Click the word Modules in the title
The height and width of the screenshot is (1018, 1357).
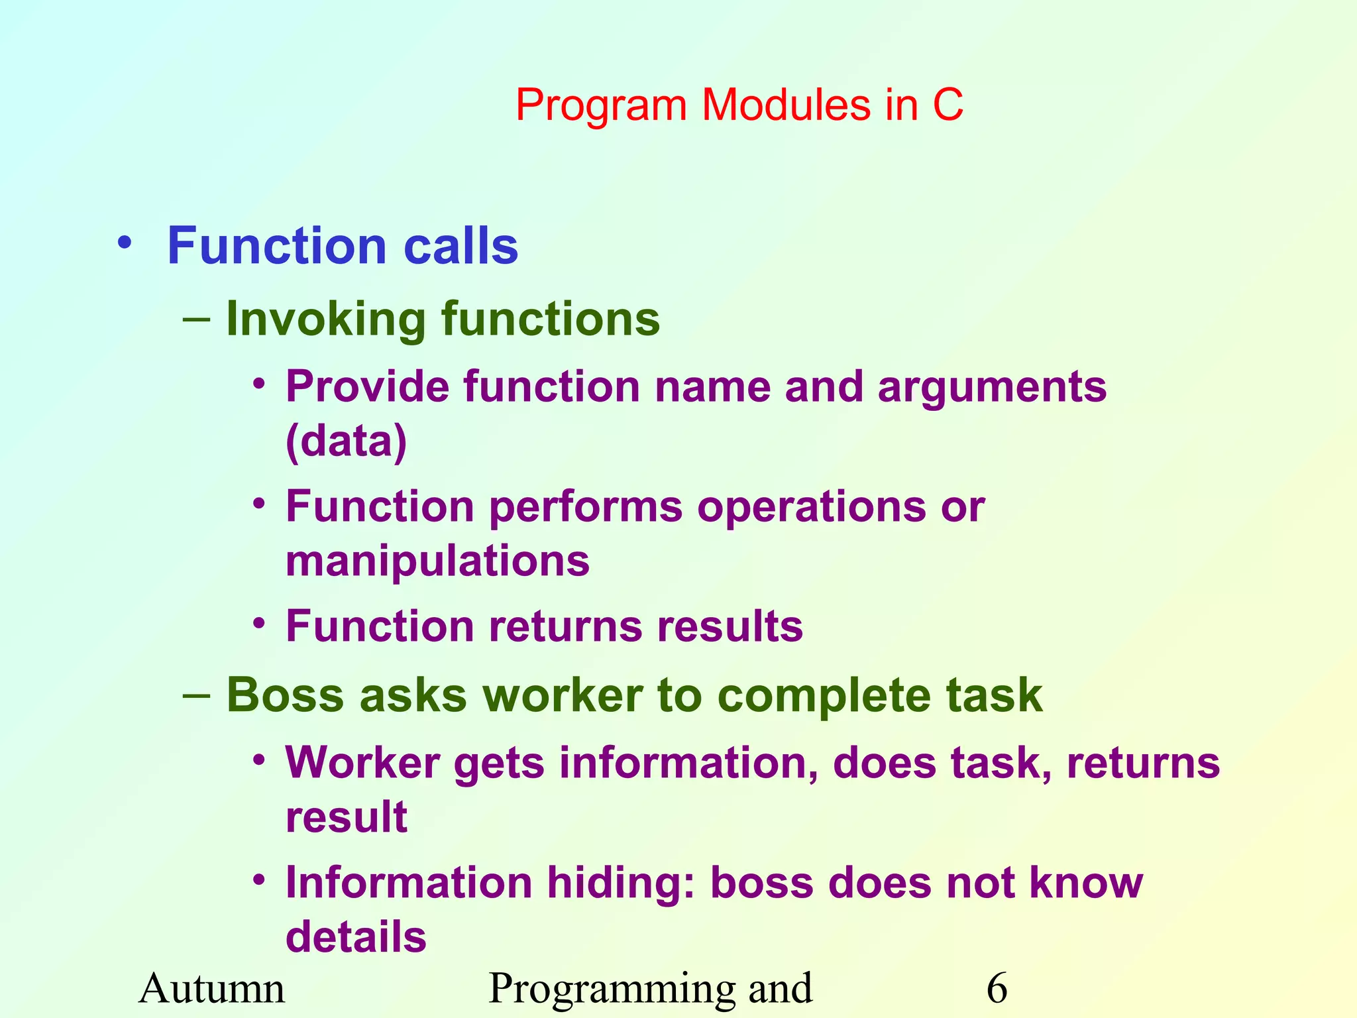click(786, 105)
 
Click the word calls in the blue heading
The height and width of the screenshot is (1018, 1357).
click(461, 246)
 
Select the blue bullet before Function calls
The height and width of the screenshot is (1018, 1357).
click(124, 243)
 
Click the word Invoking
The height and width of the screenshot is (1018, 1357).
click(325, 320)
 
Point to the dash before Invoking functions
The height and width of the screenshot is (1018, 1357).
click(196, 320)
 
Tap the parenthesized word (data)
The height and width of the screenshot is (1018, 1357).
click(347, 441)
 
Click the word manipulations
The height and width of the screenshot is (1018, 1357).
click(437, 561)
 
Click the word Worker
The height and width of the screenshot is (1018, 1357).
click(362, 763)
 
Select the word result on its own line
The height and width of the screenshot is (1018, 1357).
click(346, 817)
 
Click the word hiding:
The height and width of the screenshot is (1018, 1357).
click(621, 883)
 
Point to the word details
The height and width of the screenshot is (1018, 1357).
click(356, 937)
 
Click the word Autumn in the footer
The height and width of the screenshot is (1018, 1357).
click(212, 988)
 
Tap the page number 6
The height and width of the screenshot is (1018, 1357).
click(997, 988)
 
